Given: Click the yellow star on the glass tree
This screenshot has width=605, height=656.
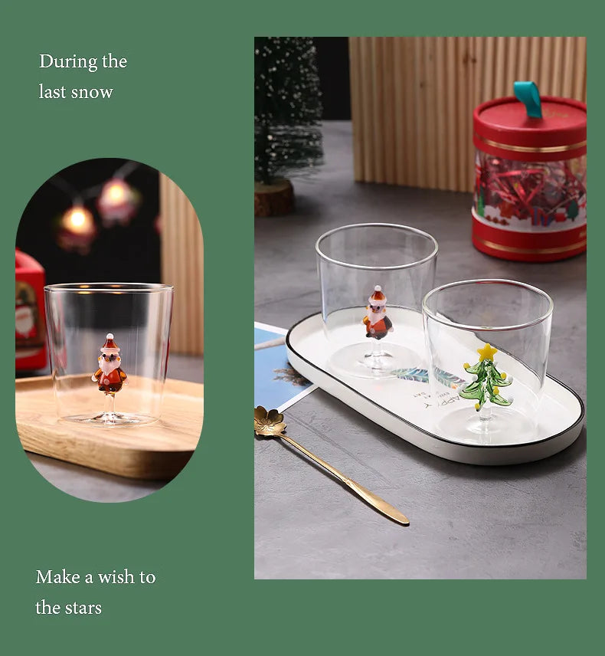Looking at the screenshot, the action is point(487,353).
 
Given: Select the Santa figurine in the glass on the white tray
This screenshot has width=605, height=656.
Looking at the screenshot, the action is point(378,313).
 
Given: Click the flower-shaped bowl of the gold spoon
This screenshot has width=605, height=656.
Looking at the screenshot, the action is point(270,421).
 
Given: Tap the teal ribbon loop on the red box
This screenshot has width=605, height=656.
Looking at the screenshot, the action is point(528,99).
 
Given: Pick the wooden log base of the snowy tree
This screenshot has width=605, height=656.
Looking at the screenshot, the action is point(274,198).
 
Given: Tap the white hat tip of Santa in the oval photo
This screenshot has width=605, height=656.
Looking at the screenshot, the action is point(110,336).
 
